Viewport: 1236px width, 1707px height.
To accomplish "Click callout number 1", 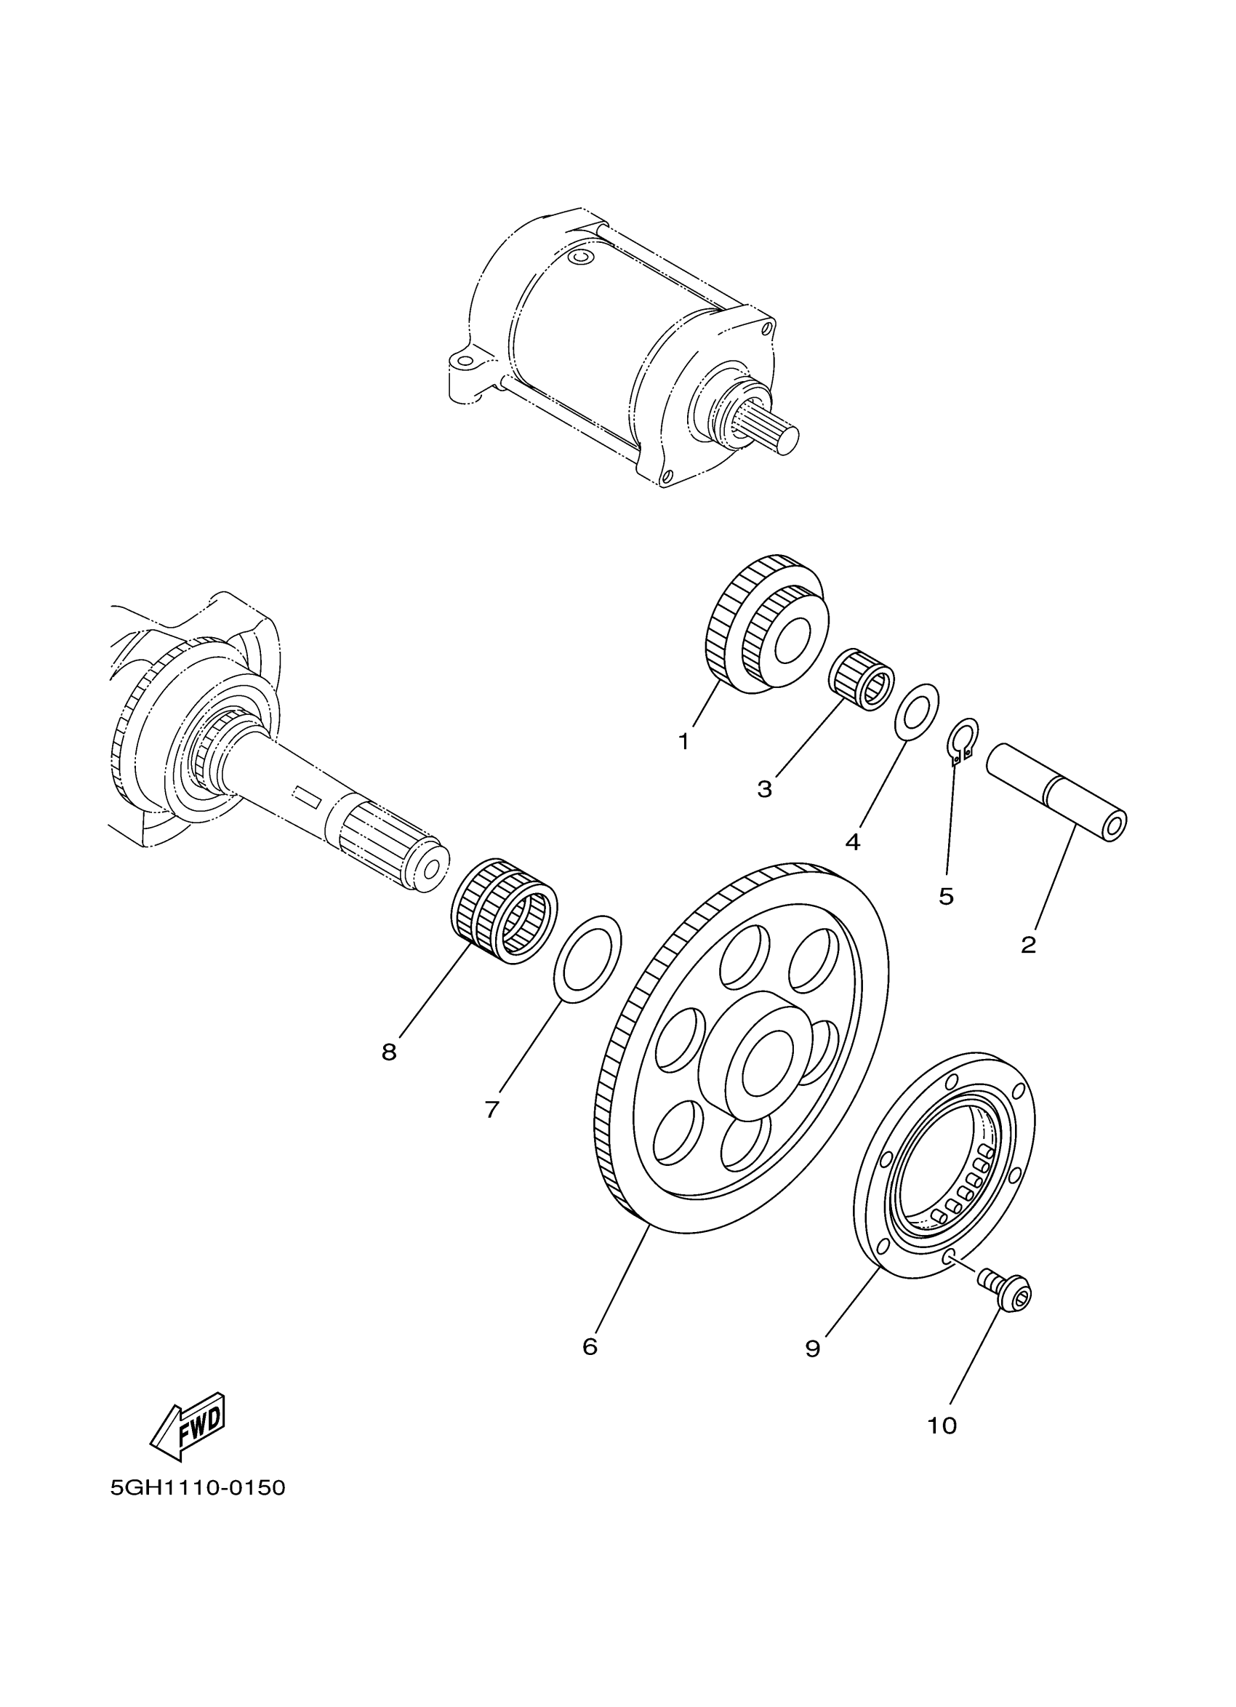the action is coord(683,742).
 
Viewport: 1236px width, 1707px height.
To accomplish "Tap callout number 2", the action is coord(1028,945).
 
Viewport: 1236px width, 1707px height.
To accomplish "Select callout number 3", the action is coord(764,790).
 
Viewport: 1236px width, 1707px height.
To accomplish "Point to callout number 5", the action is coord(946,896).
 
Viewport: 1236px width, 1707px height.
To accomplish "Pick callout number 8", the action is coord(389,1052).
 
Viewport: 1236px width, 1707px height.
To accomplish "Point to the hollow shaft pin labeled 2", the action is coord(1056,793).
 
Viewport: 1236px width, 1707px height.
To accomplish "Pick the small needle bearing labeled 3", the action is coord(862,677).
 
